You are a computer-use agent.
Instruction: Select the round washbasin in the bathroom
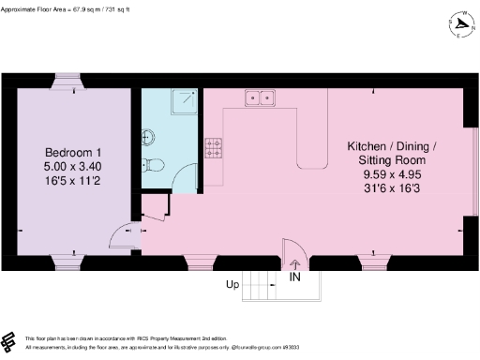pos(147,137)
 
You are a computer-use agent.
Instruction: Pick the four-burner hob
pos(214,147)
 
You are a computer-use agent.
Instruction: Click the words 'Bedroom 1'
pos(73,153)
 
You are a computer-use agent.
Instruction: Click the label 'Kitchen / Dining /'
pos(392,147)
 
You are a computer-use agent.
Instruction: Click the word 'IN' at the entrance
pos(295,277)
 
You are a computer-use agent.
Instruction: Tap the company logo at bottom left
pos(10,339)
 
